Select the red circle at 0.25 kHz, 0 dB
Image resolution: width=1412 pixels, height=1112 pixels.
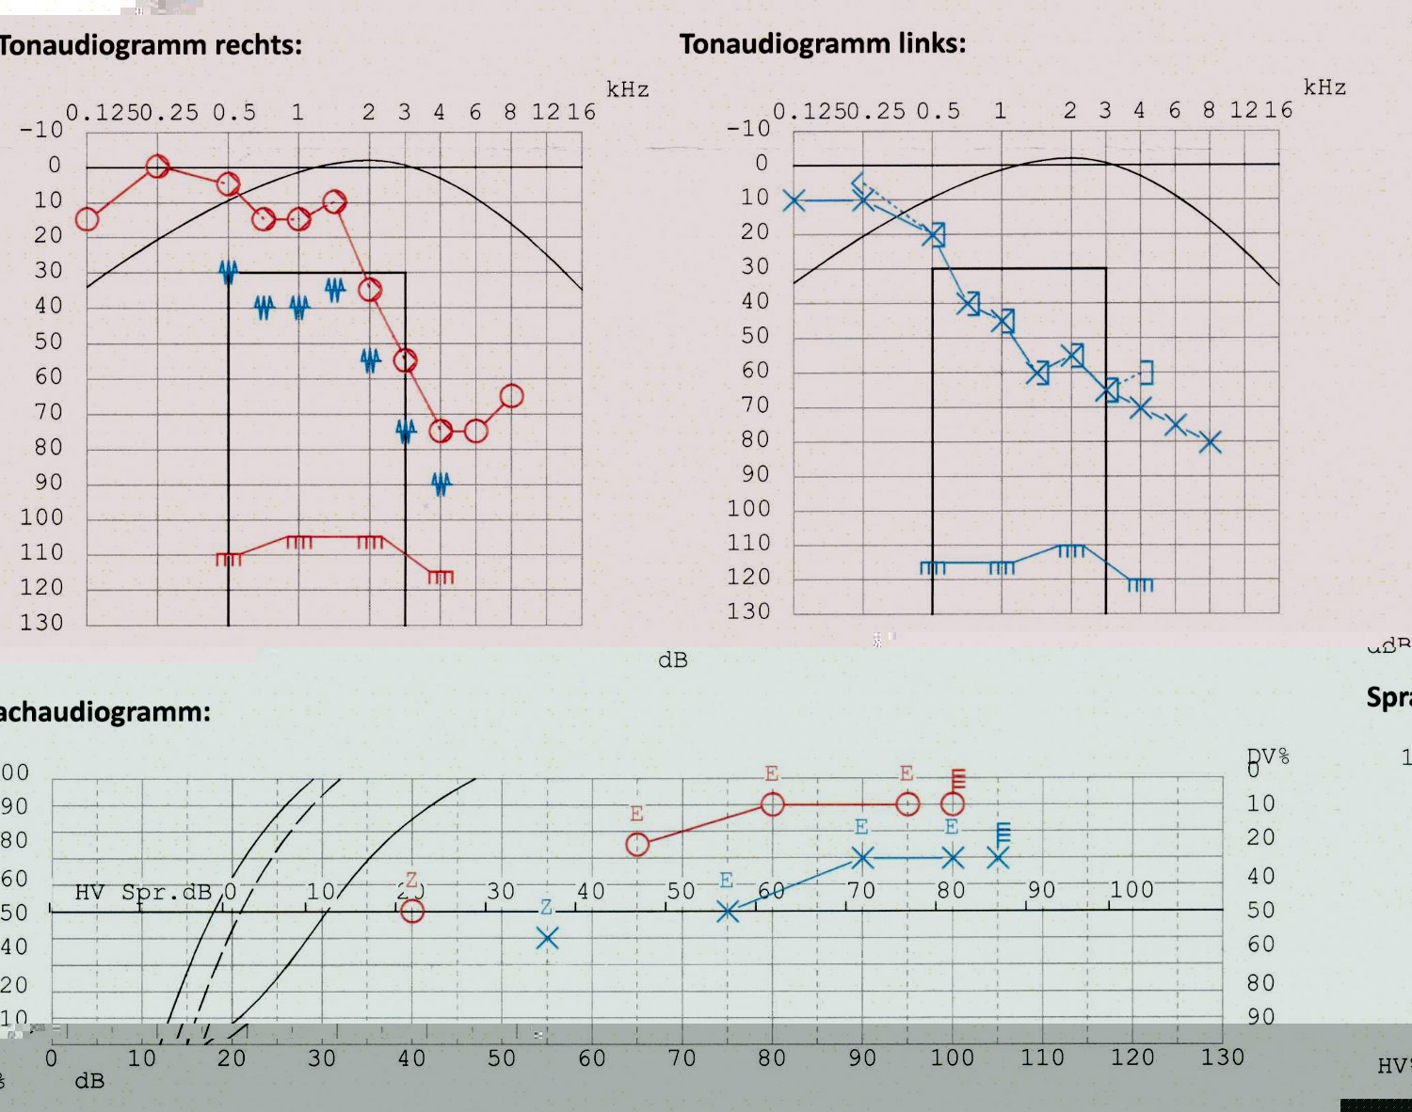(x=157, y=167)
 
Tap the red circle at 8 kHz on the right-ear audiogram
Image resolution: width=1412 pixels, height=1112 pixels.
(x=511, y=396)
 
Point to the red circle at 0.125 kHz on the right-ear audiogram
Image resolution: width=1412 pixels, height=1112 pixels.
(x=87, y=219)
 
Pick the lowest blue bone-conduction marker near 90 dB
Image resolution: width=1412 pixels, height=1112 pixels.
(x=441, y=484)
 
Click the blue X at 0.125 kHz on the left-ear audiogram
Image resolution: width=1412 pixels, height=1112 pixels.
(x=794, y=200)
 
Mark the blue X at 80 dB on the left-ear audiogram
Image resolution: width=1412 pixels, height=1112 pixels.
(x=1211, y=442)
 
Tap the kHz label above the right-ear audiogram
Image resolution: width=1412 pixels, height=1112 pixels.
(x=628, y=89)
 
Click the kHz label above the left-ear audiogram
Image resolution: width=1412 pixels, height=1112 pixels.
(x=1324, y=87)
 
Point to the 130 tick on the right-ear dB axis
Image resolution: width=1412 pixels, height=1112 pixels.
(x=41, y=623)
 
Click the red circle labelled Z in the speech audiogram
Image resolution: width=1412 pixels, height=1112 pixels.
(x=411, y=911)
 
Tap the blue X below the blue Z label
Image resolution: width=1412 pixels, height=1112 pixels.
(x=547, y=938)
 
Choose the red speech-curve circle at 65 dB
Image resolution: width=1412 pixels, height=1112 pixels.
(x=637, y=845)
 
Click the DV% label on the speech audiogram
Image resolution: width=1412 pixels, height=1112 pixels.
(x=1268, y=756)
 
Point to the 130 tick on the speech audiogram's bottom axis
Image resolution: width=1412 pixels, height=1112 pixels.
(x=1222, y=1057)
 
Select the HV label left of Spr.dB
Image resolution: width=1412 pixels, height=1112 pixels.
(x=89, y=892)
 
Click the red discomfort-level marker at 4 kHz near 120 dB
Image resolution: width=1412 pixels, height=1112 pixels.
(x=441, y=576)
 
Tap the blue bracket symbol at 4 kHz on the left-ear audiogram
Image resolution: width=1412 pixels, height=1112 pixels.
(x=1146, y=373)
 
